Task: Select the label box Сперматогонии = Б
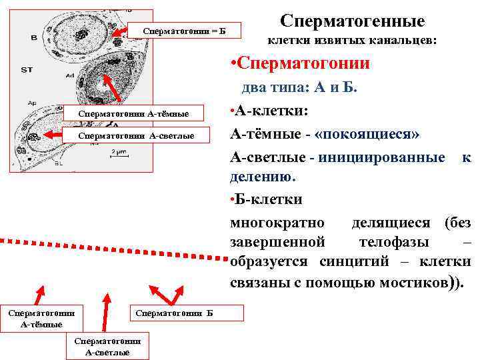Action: coord(184,31)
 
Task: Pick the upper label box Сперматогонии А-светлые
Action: coord(136,135)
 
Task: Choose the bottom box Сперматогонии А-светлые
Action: coord(107,347)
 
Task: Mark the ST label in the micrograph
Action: coord(27,69)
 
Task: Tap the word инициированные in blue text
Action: coord(382,157)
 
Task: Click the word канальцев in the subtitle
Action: coord(402,41)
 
